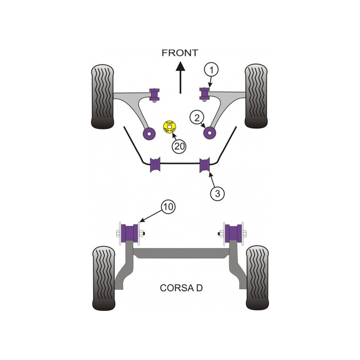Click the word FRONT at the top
pos(180,53)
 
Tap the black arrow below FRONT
pos(180,77)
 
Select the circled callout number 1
pos(211,70)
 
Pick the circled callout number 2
pos(197,118)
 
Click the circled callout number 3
pos(217,193)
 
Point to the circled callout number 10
pos(168,207)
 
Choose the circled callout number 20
pos(179,146)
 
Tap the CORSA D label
pos(181,288)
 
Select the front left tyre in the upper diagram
pos(103,96)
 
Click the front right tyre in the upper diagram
pos(256,96)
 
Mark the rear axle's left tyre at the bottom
pos(103,279)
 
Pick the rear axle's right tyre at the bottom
pos(257,278)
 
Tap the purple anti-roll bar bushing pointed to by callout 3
pos(205,165)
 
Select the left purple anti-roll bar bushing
pos(155,165)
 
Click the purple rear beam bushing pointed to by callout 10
pos(130,234)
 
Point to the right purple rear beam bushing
pos(234,233)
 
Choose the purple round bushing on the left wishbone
pos(149,133)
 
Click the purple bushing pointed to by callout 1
pos(204,94)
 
